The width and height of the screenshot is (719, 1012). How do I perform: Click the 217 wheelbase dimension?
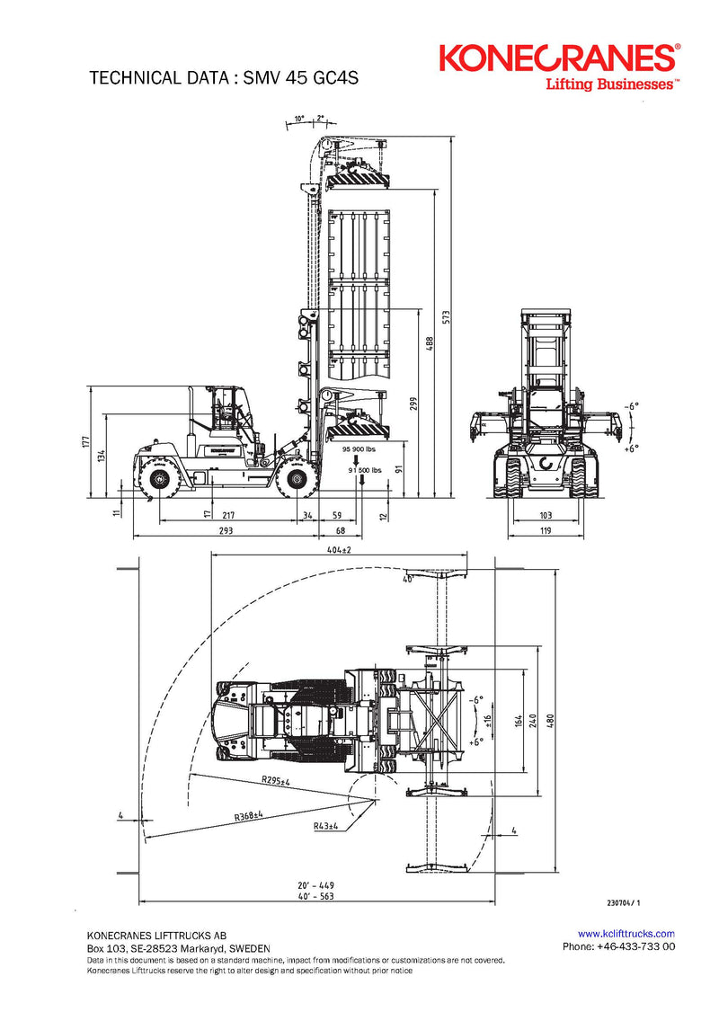[228, 515]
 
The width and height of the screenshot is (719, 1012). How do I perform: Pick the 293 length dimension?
[226, 531]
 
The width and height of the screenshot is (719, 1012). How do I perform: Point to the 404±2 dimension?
[338, 549]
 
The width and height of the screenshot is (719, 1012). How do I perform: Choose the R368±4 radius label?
[250, 816]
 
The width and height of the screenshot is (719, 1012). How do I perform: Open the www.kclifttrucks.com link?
[626, 934]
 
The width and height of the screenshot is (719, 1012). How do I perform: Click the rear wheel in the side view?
[160, 480]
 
